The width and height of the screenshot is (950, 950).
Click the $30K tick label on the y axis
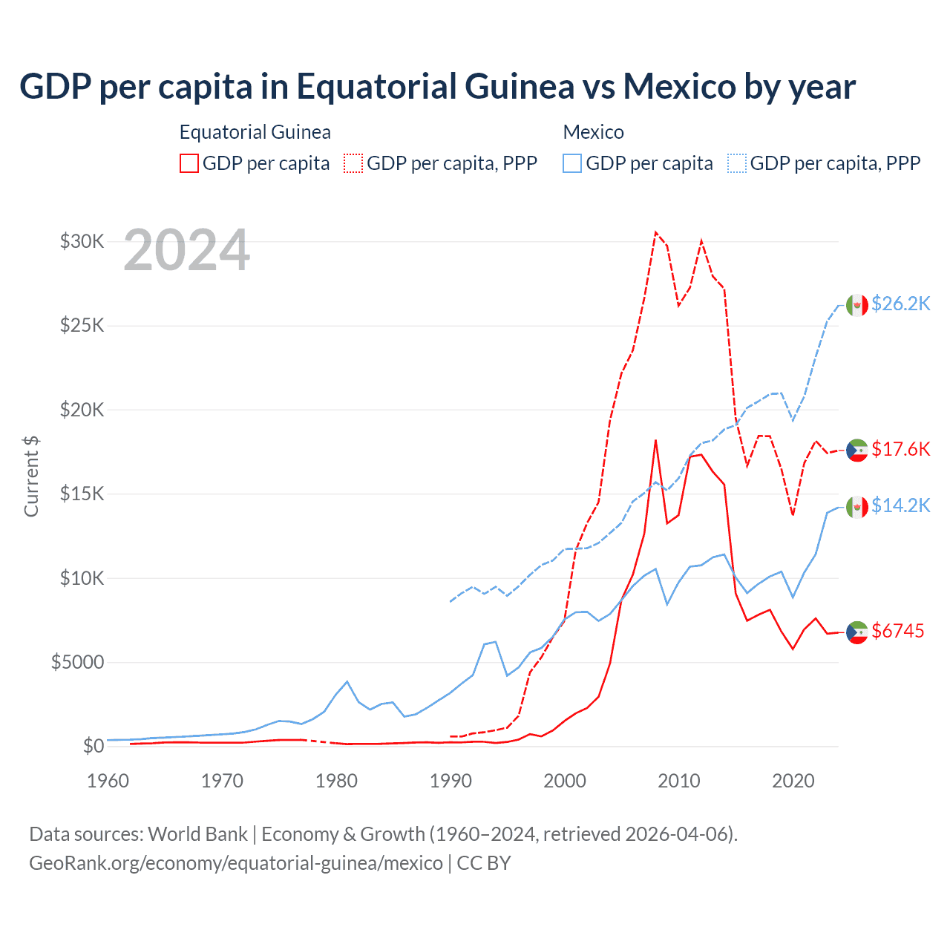(x=82, y=241)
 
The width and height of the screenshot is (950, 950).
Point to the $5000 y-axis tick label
(x=77, y=662)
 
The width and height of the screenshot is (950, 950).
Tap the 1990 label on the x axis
(x=451, y=781)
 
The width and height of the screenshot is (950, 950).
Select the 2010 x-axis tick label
(x=679, y=781)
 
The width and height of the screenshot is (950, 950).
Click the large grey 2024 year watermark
(x=186, y=251)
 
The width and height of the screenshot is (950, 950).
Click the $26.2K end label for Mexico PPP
(x=900, y=304)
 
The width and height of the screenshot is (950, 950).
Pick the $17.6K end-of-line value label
(x=900, y=449)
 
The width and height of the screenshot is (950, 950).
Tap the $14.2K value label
(x=900, y=505)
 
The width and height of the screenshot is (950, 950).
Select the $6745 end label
(x=897, y=631)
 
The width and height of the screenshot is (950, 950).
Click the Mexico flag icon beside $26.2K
(x=857, y=304)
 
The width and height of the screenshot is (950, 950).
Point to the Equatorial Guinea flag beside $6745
(x=857, y=632)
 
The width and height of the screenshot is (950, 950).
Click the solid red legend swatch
(x=189, y=163)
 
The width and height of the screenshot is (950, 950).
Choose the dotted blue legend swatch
(x=737, y=163)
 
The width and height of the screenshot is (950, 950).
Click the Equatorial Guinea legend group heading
(x=255, y=132)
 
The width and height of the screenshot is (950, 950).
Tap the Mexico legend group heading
(x=594, y=132)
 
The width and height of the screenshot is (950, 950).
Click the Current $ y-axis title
(x=31, y=476)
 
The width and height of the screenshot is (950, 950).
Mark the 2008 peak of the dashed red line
(x=655, y=232)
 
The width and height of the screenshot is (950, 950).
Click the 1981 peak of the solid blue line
(x=347, y=681)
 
